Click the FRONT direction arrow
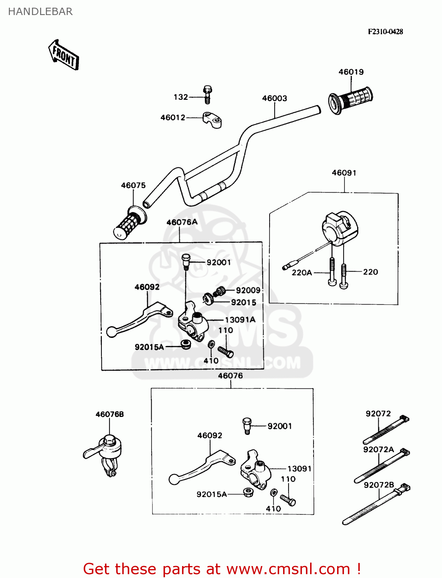(x=64, y=55)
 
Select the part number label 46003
(x=274, y=98)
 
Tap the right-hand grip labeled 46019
(x=350, y=100)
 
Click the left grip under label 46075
(x=129, y=224)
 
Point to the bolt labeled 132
(x=208, y=95)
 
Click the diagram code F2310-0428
(x=385, y=32)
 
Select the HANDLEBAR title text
(x=40, y=12)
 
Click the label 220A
(x=302, y=272)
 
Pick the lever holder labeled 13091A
(x=193, y=322)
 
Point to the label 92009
(x=248, y=290)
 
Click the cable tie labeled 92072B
(x=376, y=505)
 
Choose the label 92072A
(x=378, y=449)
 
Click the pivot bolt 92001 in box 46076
(x=247, y=425)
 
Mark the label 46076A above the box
(x=182, y=222)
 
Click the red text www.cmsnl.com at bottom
(x=288, y=569)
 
